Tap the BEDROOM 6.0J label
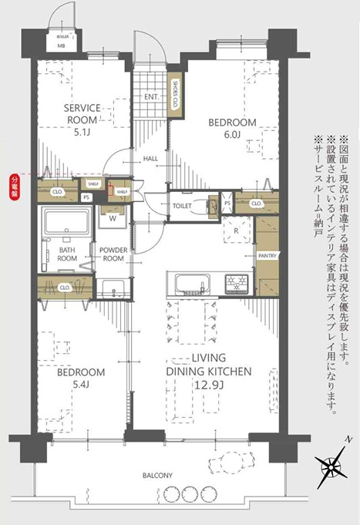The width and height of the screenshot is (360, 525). (232, 129)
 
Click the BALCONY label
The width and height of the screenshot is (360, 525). (156, 476)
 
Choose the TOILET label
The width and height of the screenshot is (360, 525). (183, 207)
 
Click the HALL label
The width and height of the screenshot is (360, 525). (150, 159)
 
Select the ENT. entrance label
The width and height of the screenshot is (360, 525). (151, 98)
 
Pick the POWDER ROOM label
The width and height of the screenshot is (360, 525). (113, 254)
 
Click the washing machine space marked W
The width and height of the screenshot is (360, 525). (113, 217)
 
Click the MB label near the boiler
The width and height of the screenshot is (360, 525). (61, 45)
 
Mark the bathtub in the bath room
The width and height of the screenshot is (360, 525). (66, 224)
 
